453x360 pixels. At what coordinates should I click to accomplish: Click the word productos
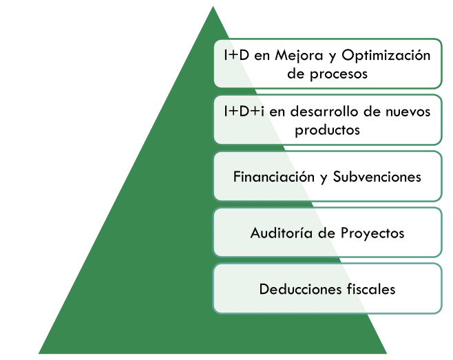(x=328, y=129)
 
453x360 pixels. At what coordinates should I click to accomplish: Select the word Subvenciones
(x=377, y=176)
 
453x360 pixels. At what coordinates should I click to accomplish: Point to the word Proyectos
(x=372, y=233)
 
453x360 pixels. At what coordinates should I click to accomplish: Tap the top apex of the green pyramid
(x=213, y=8)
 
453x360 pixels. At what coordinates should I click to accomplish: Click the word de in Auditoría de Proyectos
(x=326, y=233)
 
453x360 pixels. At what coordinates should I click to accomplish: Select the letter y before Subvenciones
(x=322, y=178)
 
